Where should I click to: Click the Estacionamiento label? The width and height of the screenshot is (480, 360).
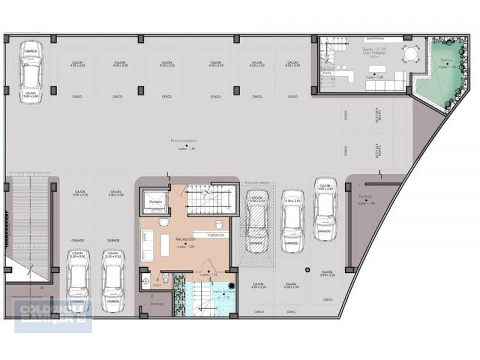[184, 140]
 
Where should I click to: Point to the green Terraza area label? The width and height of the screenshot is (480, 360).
[445, 61]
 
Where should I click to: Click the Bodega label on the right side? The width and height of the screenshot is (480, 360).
[365, 200]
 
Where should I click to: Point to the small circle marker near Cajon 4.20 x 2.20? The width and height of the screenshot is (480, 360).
[307, 269]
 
